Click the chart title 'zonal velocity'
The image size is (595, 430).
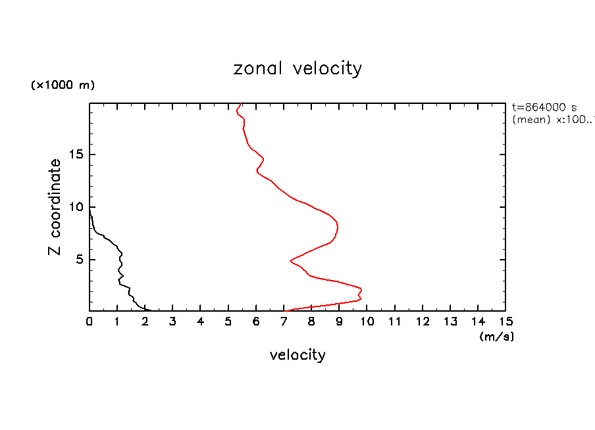click(297, 68)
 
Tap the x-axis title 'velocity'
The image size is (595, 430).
click(297, 355)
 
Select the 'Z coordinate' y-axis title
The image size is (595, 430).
click(55, 207)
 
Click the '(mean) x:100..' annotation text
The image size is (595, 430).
click(553, 120)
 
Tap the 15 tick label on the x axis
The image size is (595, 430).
click(505, 322)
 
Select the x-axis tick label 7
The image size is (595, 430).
click(284, 322)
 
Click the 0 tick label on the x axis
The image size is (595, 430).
click(90, 322)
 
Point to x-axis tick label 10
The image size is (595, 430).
click(367, 322)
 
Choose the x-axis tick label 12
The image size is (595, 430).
click(422, 322)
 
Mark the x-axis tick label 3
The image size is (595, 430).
click(172, 322)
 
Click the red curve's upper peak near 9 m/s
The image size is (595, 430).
click(338, 227)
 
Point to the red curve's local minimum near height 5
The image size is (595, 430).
click(290, 260)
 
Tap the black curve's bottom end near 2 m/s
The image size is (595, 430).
click(150, 310)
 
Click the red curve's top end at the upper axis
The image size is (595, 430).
click(241, 104)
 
